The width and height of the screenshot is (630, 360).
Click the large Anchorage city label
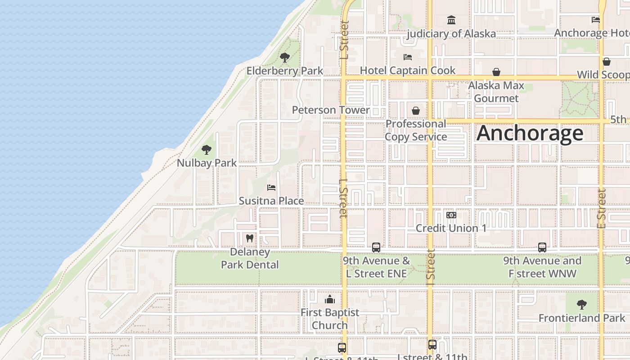pyautogui.click(x=530, y=133)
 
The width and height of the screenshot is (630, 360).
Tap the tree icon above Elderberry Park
pyautogui.click(x=284, y=57)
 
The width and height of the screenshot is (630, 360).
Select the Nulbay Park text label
pyautogui.click(x=207, y=163)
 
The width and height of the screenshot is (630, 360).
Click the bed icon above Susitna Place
pyautogui.click(x=271, y=188)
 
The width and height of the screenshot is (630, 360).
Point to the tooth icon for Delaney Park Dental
pyautogui.click(x=250, y=238)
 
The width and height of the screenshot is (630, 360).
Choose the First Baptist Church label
pyautogui.click(x=330, y=319)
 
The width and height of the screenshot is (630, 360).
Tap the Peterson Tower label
pyautogui.click(x=331, y=110)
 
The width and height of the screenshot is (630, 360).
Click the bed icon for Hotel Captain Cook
pyautogui.click(x=408, y=57)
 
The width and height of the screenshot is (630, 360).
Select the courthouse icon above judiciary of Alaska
pyautogui.click(x=451, y=20)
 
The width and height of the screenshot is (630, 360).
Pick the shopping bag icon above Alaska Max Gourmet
pyautogui.click(x=496, y=72)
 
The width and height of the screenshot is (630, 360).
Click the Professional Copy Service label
pyautogui.click(x=416, y=130)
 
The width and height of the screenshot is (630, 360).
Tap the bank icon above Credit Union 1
pyautogui.click(x=451, y=215)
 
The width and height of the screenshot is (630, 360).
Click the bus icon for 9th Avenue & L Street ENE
pyautogui.click(x=376, y=247)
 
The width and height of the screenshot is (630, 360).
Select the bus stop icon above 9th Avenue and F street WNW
pyautogui.click(x=542, y=247)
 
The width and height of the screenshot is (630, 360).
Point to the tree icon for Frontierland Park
pyautogui.click(x=582, y=305)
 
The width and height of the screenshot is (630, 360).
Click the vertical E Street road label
pyautogui.click(x=602, y=208)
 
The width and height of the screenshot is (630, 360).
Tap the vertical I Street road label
pyautogui.click(x=431, y=267)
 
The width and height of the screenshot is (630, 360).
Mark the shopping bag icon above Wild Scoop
pyautogui.click(x=607, y=62)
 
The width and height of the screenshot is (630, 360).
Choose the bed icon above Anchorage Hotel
pyautogui.click(x=596, y=20)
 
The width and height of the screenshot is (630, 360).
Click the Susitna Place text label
pyautogui.click(x=271, y=201)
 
